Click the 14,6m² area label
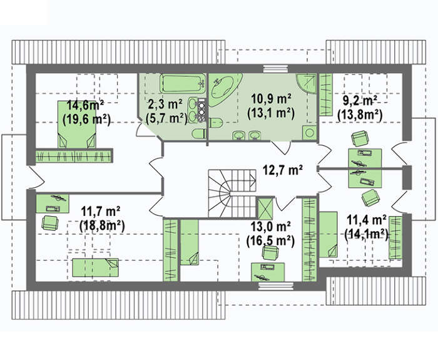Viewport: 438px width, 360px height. point(86,106)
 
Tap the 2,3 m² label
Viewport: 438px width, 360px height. point(165,105)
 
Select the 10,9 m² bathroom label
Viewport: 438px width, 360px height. point(271,99)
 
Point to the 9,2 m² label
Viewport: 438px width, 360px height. point(360,101)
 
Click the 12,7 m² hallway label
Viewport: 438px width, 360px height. point(283,170)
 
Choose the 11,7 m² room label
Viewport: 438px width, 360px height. point(101,212)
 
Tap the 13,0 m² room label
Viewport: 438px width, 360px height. point(271,227)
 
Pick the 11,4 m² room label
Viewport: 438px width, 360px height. point(366,220)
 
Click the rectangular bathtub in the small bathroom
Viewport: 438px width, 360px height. point(183,83)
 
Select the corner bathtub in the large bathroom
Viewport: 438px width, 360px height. point(223,89)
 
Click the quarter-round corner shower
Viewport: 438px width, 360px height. point(306,85)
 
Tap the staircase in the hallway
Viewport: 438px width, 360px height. point(232,193)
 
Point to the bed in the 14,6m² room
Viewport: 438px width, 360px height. point(77,125)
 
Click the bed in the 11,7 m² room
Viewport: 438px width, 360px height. point(96,268)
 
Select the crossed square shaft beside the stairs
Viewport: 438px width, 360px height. point(265,208)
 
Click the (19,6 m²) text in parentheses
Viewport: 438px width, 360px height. point(87,120)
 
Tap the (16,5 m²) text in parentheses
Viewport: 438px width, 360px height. point(271,241)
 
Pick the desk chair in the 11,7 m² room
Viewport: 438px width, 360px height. point(49,223)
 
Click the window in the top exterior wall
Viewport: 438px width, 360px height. point(275,69)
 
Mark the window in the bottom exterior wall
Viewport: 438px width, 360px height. point(276,286)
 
